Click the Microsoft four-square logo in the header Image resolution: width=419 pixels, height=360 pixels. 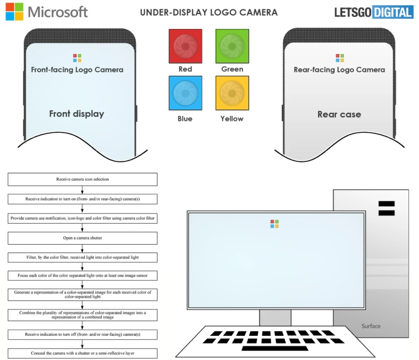pos(15,12)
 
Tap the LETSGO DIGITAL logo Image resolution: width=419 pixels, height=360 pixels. pos(374,12)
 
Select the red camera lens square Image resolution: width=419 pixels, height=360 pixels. pos(185,46)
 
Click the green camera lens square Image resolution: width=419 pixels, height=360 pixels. pos(232,46)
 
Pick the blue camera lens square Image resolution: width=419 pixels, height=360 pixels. pos(185,93)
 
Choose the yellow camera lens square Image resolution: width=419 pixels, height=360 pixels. pos(232,93)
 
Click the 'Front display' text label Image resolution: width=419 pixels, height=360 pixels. pos(77,114)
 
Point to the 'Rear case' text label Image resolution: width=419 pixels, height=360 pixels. pos(339,114)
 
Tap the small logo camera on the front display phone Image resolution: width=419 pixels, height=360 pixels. pos(77,58)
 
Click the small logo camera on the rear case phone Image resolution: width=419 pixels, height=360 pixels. pos(340,58)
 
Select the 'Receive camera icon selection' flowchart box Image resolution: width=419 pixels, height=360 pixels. pos(83,179)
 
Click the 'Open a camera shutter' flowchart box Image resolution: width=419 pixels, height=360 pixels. pos(83,238)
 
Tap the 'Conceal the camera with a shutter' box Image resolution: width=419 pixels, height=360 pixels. pos(83,353)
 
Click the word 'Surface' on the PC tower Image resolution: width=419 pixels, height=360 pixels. pos(371,326)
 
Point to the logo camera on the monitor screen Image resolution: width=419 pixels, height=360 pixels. pos(274,224)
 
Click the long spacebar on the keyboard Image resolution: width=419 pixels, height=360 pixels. pos(275,348)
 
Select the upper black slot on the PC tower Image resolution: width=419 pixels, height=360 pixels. pos(386,204)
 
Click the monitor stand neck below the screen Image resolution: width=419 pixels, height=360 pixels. pos(275,318)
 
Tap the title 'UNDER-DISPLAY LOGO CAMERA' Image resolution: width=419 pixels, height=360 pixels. pos(209,12)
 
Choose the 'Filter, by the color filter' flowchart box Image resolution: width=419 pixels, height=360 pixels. pos(83,257)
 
